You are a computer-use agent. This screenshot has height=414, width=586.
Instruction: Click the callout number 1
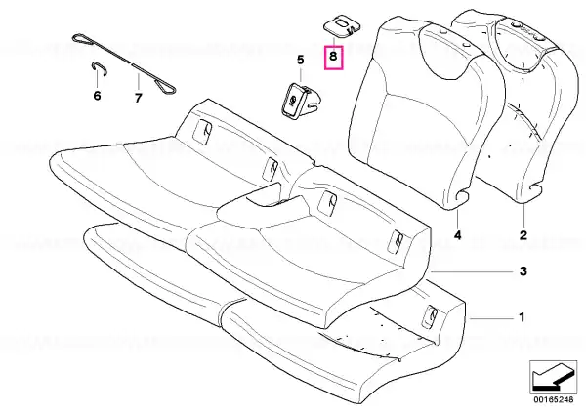point(522,317)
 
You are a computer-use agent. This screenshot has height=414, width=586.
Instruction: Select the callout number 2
point(523,235)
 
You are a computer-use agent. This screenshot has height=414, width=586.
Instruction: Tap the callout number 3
point(523,271)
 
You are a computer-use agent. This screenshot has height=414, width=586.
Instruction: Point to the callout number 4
point(458,235)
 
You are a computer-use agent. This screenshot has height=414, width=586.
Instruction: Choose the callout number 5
point(301,60)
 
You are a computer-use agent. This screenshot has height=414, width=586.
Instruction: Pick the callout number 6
point(97,96)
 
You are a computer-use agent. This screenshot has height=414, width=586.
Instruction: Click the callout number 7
point(139,98)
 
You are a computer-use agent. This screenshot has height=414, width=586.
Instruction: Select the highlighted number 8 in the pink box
point(333,56)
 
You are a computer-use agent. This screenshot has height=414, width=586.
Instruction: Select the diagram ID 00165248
point(553,399)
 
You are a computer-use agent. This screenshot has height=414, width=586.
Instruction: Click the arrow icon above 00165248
point(553,377)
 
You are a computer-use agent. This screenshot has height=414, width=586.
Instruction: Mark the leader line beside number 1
point(491,318)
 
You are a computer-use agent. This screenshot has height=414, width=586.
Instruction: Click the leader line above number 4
point(458,218)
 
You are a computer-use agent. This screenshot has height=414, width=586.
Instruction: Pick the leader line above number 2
point(523,216)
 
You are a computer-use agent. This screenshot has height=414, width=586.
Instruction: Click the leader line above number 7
point(139,81)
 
